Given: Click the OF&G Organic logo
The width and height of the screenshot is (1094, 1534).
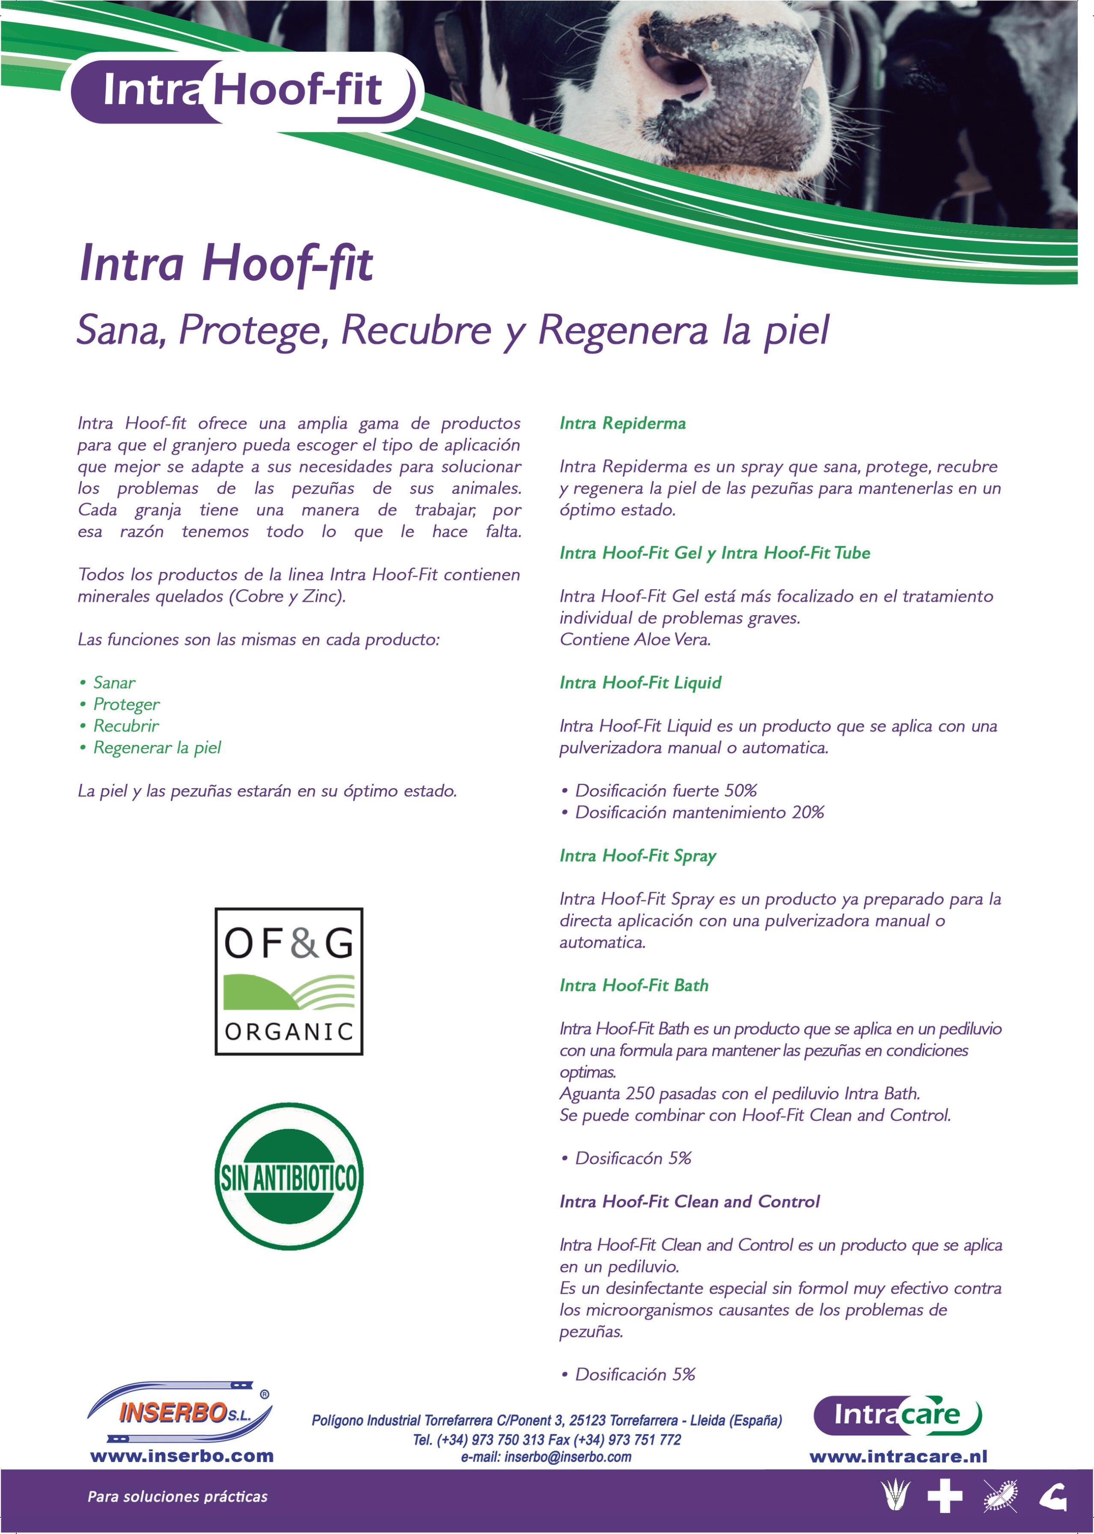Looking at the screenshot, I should [x=288, y=981].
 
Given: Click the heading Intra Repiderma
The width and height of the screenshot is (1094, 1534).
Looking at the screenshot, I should [x=622, y=423].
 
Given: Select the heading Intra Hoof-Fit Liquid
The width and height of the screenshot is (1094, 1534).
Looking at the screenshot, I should [x=640, y=682].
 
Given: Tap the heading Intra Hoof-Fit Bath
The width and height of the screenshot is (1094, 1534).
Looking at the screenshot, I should [x=634, y=985].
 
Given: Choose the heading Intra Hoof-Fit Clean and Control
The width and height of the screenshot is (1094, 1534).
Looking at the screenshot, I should [x=689, y=1201].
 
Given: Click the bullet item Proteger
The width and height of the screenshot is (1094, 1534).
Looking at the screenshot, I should [x=126, y=704].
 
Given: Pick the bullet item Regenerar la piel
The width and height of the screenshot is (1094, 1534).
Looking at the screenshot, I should [x=157, y=747].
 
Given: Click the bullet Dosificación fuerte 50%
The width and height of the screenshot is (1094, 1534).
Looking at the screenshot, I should [x=666, y=790].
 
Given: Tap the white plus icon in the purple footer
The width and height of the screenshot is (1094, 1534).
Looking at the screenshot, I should [x=945, y=1497].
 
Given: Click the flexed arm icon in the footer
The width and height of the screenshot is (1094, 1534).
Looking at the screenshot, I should [x=1052, y=1497].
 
